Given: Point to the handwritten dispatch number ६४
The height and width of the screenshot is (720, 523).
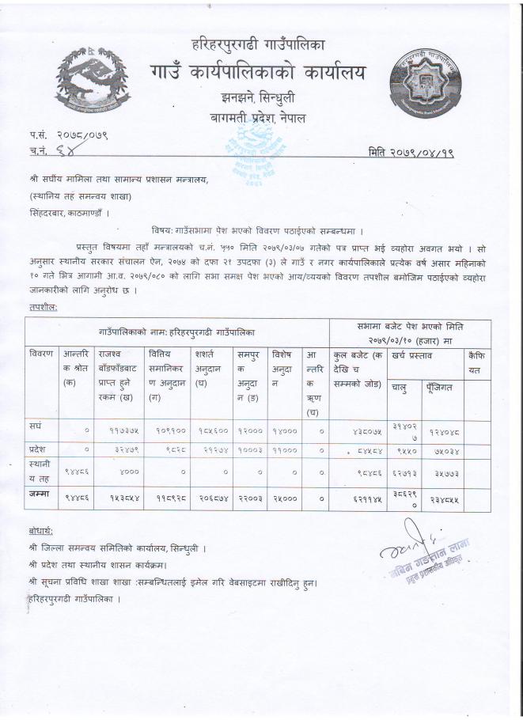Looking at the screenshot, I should coord(59,152).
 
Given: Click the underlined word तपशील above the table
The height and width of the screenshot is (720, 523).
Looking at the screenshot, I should coord(42,306).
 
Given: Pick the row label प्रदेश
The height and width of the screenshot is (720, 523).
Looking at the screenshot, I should coord(40,449).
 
